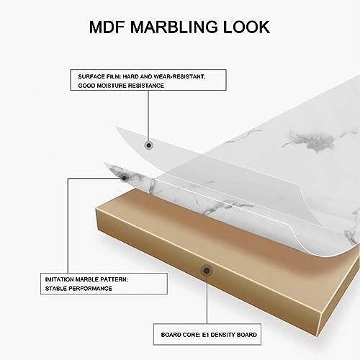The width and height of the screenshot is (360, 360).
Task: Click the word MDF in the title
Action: (107, 27)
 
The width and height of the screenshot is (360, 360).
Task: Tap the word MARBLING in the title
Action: (174, 27)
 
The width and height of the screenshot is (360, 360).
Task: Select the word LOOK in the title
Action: (246, 27)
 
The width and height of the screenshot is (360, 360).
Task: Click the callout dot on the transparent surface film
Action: (149, 145)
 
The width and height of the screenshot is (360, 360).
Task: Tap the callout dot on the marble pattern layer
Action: (124, 178)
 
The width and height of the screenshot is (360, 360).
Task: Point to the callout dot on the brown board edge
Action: (207, 271)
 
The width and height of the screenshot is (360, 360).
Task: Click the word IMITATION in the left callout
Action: (59, 279)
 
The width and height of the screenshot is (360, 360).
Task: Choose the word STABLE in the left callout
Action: (56, 289)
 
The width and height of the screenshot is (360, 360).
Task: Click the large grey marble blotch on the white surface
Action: (310, 141)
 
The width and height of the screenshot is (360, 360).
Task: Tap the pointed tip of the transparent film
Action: (116, 127)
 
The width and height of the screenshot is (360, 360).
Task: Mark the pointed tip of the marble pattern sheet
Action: (104, 163)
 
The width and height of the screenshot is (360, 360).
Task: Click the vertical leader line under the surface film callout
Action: (148, 116)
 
